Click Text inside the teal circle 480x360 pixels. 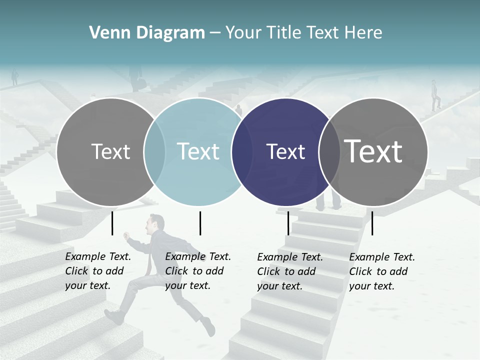(198, 151)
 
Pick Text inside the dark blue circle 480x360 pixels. (285, 151)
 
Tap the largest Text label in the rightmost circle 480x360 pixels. (373, 151)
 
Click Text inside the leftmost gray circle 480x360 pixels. (110, 151)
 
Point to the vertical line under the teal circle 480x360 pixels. (200, 223)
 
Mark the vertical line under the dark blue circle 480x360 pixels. (288, 223)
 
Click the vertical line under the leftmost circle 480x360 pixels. (112, 223)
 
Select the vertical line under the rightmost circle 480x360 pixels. (372, 223)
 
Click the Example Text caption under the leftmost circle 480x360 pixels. (98, 271)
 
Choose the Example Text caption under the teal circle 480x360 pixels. (198, 271)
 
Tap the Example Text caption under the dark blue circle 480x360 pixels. (290, 271)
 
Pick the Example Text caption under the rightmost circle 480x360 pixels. (382, 271)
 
